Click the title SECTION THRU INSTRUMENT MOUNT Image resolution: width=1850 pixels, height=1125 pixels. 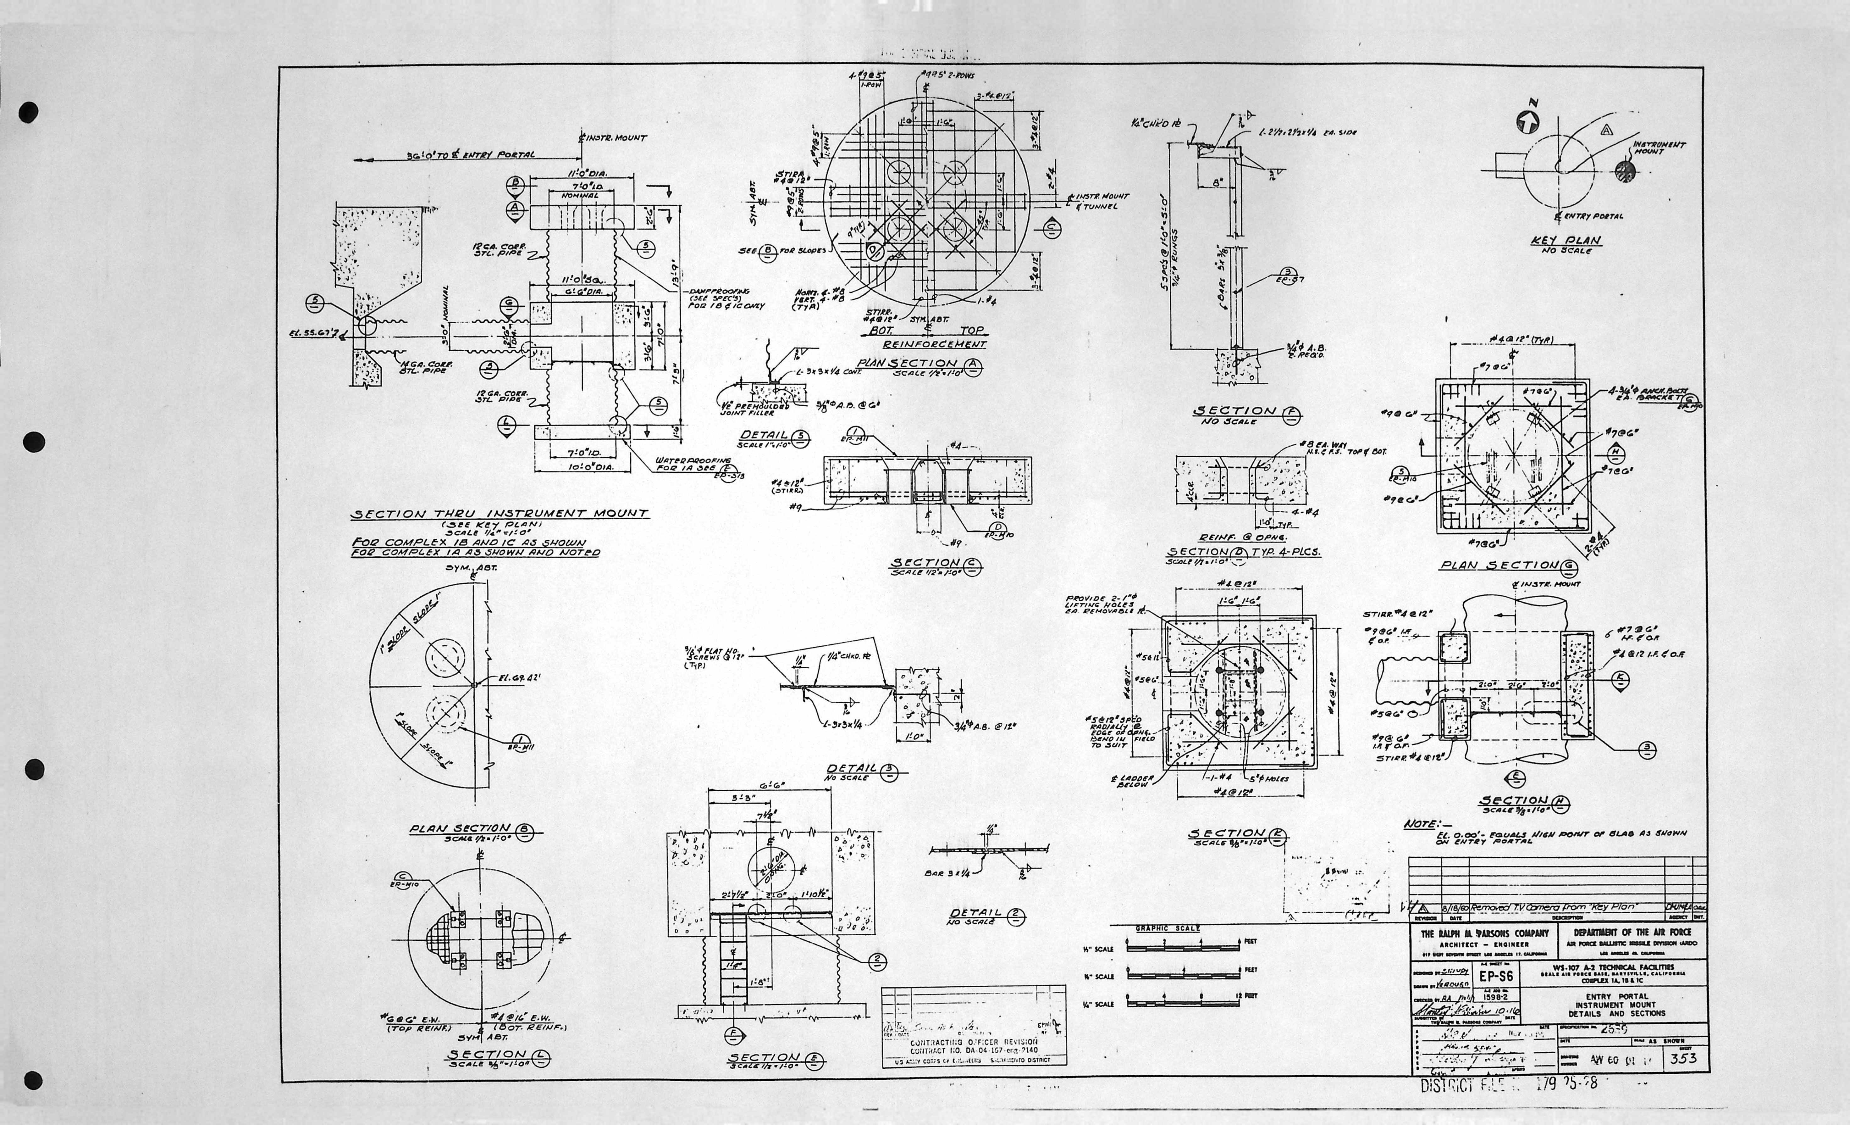(x=499, y=514)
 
